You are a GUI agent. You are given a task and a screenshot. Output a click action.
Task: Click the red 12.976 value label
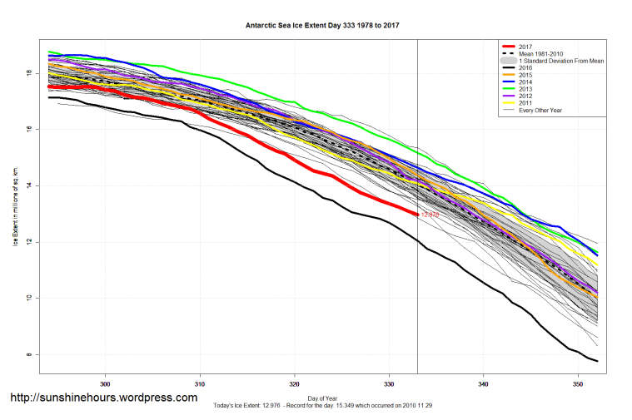tap(430, 215)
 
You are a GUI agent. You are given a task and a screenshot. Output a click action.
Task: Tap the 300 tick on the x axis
tap(106, 384)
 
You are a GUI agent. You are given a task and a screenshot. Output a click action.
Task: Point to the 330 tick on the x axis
tap(389, 384)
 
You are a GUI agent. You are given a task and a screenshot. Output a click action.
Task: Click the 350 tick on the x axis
tap(578, 384)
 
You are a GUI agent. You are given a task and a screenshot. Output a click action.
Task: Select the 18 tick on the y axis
tap(29, 73)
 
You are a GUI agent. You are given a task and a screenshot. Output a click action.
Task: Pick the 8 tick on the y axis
tap(29, 355)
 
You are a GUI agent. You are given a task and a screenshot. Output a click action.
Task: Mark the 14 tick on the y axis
tap(29, 185)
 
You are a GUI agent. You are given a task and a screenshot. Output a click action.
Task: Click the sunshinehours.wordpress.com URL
tap(104, 398)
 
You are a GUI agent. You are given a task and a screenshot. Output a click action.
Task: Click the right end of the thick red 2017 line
tap(417, 214)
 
